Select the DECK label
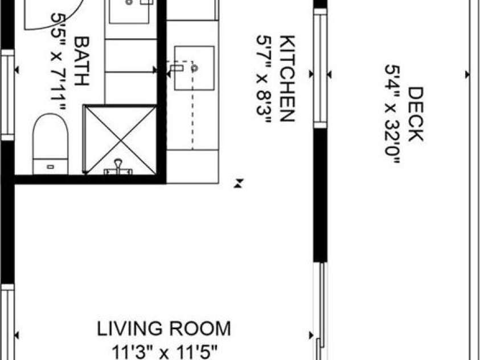[x=416, y=114]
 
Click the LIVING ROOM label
[x=164, y=329]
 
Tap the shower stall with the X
[x=120, y=139]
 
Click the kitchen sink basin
[x=194, y=68]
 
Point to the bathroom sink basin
[x=130, y=10]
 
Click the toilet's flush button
[x=50, y=167]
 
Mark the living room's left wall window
[x=7, y=322]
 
